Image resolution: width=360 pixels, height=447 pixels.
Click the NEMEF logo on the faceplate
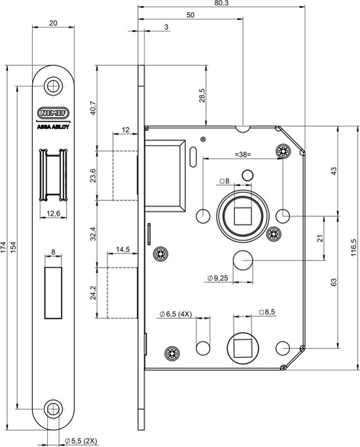(x=53, y=113)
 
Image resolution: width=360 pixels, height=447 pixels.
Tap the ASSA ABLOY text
(x=53, y=127)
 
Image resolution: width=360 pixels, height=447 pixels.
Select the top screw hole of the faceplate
(x=53, y=86)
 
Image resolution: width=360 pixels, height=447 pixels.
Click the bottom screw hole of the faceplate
(x=53, y=410)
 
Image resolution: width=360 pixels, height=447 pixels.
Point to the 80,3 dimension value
(x=223, y=3)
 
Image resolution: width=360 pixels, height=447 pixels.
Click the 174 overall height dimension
(x=3, y=248)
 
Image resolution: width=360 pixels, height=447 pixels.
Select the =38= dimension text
(x=243, y=155)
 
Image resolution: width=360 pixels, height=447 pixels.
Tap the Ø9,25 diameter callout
(x=218, y=278)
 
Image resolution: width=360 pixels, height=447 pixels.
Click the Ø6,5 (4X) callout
(x=175, y=314)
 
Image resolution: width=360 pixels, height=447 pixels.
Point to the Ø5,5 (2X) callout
(x=81, y=441)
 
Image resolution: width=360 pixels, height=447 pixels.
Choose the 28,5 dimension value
(x=202, y=95)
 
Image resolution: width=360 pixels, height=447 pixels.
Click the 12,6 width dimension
(x=53, y=213)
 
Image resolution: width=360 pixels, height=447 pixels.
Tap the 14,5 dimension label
(x=123, y=249)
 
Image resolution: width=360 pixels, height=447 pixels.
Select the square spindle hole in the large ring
(x=243, y=217)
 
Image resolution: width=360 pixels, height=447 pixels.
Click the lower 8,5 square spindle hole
(x=243, y=348)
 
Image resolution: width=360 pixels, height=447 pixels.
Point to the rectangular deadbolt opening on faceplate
(x=53, y=293)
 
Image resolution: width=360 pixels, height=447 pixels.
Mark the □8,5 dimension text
(x=267, y=312)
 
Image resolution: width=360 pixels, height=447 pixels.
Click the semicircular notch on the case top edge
(x=243, y=129)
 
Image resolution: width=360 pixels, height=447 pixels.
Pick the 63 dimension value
(x=334, y=282)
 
